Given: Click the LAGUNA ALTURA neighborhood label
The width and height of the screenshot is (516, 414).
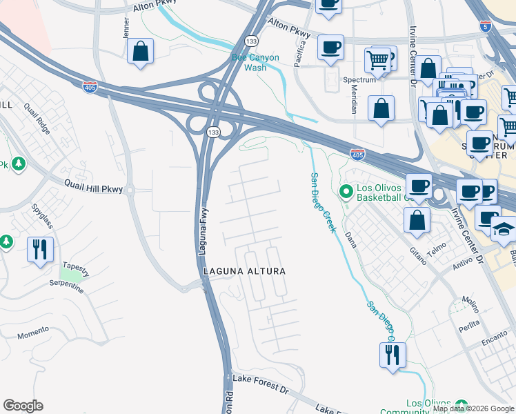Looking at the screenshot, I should [244, 272].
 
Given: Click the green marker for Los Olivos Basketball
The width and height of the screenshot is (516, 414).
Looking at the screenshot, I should [346, 190].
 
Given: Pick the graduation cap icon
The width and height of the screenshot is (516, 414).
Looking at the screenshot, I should [504, 228].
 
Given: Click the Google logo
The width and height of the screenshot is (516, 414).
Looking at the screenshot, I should [23, 406].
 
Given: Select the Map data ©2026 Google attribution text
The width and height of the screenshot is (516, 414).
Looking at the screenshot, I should [473, 408].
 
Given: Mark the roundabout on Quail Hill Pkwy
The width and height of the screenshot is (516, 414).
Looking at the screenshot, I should [130, 189].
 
